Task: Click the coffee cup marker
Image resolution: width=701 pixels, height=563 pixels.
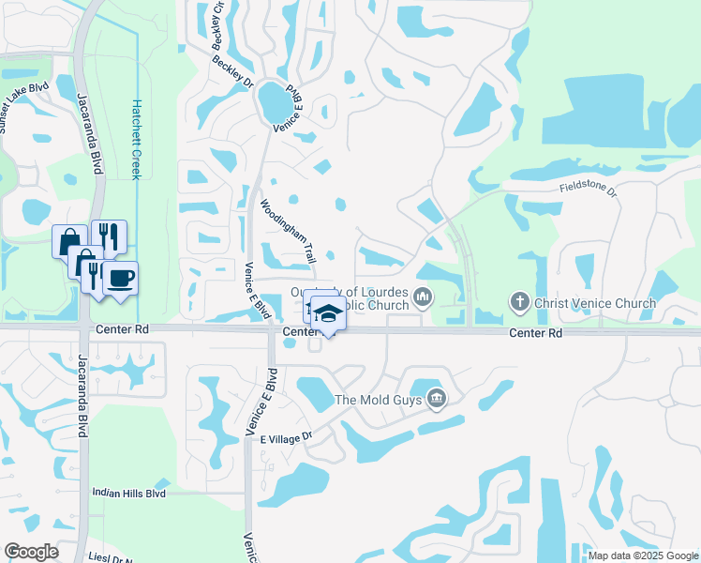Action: click(x=120, y=278)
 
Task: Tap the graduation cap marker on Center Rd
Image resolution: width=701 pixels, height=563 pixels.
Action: click(x=328, y=313)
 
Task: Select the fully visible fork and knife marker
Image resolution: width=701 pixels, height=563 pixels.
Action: click(x=109, y=236)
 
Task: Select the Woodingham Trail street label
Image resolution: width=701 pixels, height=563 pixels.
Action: click(x=288, y=230)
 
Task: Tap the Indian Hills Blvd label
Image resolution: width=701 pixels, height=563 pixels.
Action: click(x=128, y=493)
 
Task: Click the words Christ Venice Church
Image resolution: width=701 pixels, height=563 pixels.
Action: click(x=583, y=303)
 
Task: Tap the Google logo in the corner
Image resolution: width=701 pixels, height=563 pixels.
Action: click(x=31, y=551)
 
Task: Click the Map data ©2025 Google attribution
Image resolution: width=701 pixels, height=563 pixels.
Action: click(x=643, y=555)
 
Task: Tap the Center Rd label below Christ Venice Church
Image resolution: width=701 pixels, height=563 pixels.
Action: click(x=535, y=333)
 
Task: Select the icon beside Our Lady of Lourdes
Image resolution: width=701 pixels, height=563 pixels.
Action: click(x=423, y=298)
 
